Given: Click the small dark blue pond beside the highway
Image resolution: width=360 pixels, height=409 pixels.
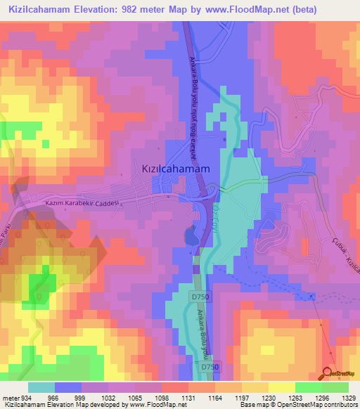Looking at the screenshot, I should (190, 236).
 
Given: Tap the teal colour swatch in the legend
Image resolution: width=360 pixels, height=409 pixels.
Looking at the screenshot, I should (41, 387).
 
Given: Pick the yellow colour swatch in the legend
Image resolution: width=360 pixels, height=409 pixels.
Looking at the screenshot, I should (281, 387).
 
